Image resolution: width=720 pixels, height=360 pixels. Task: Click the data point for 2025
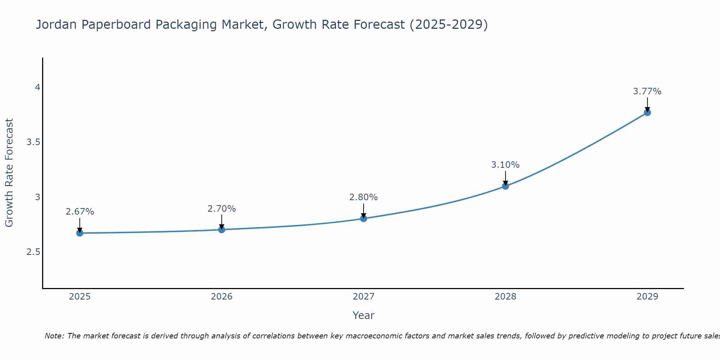(x=80, y=233)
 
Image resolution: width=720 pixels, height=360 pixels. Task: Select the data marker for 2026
(x=221, y=229)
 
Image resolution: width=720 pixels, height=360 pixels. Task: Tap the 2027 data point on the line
(x=363, y=218)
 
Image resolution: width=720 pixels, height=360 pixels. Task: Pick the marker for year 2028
(x=505, y=186)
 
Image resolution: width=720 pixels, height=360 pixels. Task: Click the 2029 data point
(x=647, y=112)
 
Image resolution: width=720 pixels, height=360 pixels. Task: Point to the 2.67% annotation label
(x=80, y=212)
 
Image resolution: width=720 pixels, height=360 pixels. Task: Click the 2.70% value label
(x=221, y=208)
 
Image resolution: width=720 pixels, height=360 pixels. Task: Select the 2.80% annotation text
(x=363, y=197)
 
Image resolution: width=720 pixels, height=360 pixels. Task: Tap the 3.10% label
(x=505, y=165)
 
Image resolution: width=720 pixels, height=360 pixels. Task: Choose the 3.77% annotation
(x=647, y=91)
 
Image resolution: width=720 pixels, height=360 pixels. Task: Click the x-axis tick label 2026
(x=221, y=297)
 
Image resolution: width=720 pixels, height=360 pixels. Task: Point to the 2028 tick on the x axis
(x=505, y=297)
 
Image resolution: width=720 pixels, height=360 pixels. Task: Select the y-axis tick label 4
(x=37, y=87)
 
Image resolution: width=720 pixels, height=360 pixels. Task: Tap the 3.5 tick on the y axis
(x=33, y=142)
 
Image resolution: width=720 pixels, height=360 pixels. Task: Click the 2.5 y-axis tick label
(x=33, y=252)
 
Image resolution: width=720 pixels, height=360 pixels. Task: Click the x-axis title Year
(x=363, y=315)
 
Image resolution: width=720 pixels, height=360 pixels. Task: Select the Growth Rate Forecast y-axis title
(x=9, y=172)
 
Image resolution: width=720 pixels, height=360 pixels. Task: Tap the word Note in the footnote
(x=54, y=336)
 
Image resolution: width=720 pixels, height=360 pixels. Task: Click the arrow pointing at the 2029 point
(x=647, y=104)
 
